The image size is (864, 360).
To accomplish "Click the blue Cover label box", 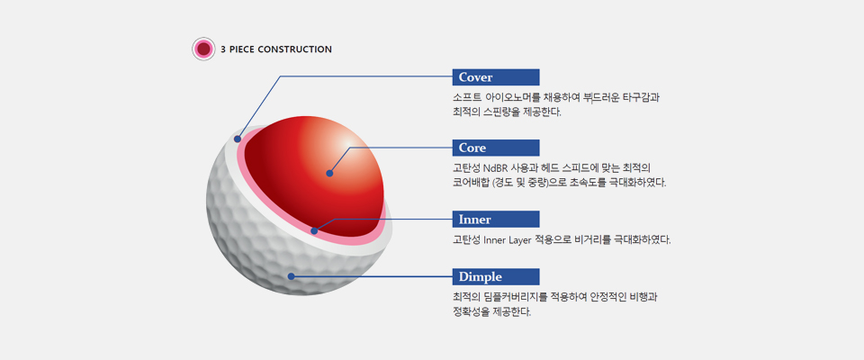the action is pyautogui.click(x=495, y=77).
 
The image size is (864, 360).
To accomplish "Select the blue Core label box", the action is pyautogui.click(x=495, y=148).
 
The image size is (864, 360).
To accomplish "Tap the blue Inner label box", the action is pyautogui.click(x=495, y=220).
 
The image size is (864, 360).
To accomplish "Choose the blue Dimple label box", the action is pyautogui.click(x=495, y=277).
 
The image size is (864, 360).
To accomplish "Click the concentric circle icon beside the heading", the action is pyautogui.click(x=203, y=49).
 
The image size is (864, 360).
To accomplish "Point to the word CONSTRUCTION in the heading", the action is pyautogui.click(x=294, y=49).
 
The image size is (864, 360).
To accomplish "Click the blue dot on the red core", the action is pyautogui.click(x=329, y=173).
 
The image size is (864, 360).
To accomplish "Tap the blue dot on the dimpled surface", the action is pyautogui.click(x=291, y=276).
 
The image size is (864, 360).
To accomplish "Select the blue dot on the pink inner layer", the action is pyautogui.click(x=314, y=231).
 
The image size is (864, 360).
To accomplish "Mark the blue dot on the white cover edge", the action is pyautogui.click(x=238, y=139).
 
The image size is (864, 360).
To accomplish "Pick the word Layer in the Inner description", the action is pyautogui.click(x=519, y=239).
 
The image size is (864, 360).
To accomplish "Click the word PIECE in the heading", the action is pyautogui.click(x=241, y=49).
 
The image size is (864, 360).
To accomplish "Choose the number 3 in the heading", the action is pyautogui.click(x=223, y=49).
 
